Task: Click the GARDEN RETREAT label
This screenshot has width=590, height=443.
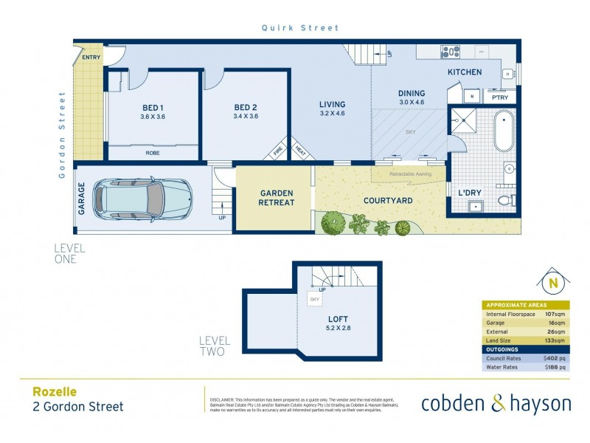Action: (277, 198)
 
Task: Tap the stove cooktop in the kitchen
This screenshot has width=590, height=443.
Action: (450, 52)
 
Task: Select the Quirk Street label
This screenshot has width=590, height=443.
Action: (300, 28)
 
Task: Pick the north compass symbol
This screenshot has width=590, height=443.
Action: (550, 284)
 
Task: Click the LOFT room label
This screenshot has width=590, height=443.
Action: (339, 320)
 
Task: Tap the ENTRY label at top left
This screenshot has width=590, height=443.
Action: (92, 57)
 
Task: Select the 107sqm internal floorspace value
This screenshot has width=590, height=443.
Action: (555, 314)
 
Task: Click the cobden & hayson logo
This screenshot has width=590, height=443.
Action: (496, 403)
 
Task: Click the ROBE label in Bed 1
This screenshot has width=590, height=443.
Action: (153, 153)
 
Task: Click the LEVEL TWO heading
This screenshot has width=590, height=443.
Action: (215, 346)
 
